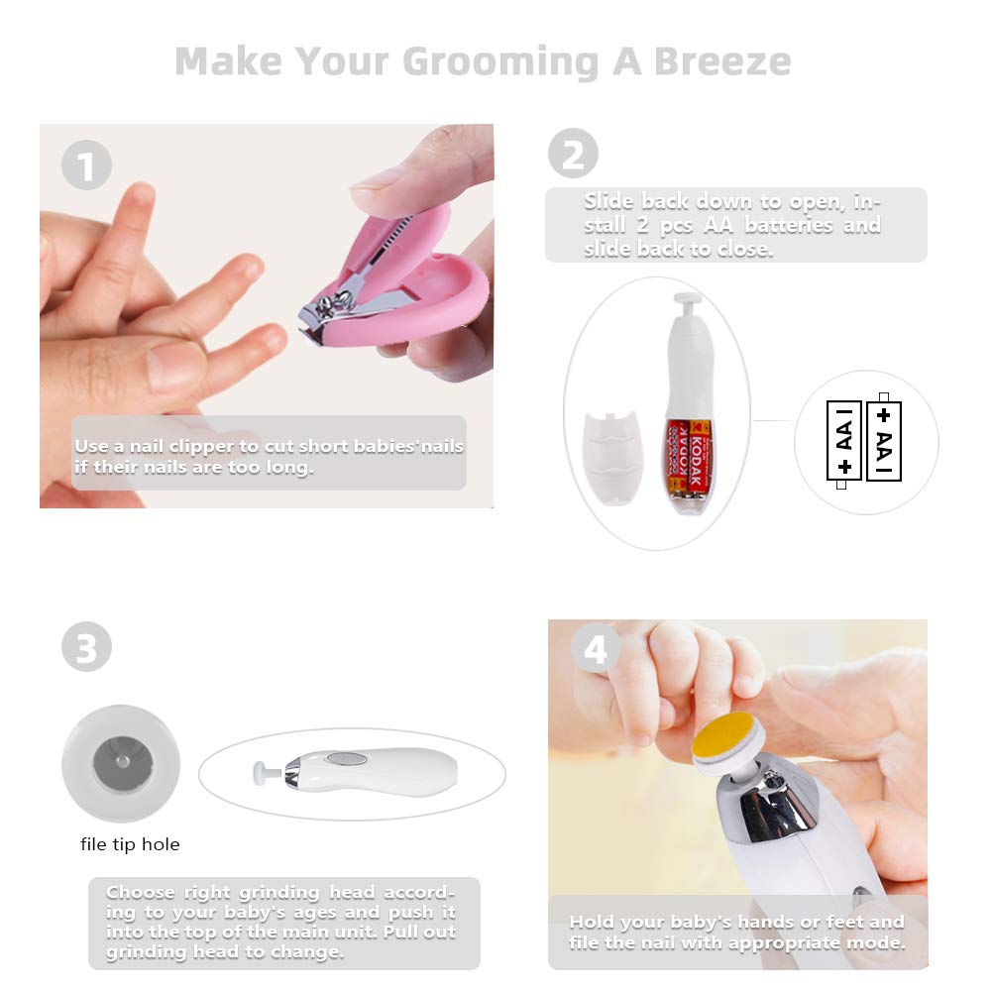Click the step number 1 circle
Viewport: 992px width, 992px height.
coord(87,165)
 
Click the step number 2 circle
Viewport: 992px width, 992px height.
coord(574,154)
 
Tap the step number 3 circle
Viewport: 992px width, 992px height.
coord(87,648)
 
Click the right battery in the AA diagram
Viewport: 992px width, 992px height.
coord(884,441)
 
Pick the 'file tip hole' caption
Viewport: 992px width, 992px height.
coord(130,845)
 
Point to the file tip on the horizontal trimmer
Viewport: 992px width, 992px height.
coord(260,771)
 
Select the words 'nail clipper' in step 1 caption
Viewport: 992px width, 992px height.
coord(157,446)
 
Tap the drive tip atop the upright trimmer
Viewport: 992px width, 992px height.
coord(687,298)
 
